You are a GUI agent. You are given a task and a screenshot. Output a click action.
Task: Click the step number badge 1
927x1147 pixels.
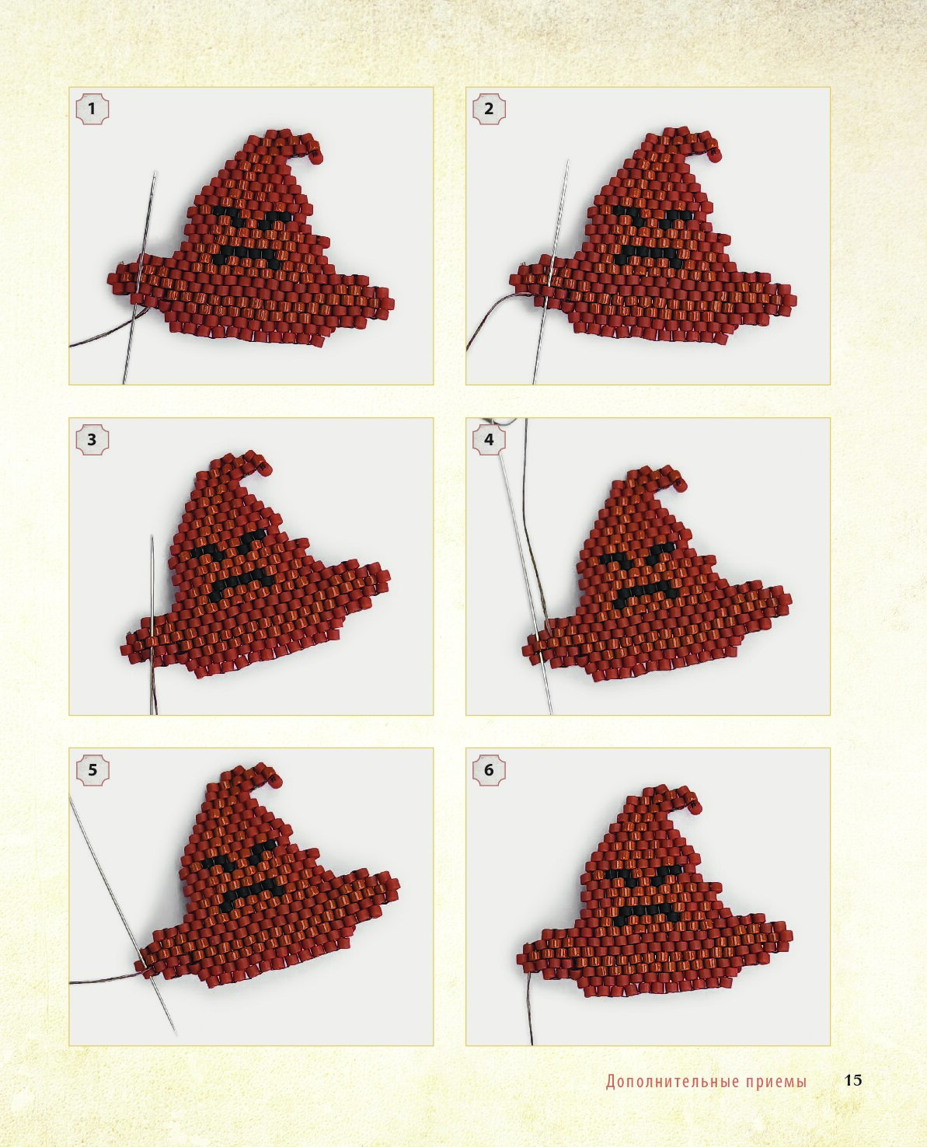point(92,109)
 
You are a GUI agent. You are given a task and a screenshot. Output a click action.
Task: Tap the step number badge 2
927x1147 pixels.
point(489,109)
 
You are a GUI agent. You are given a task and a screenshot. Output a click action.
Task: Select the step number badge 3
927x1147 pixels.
point(92,439)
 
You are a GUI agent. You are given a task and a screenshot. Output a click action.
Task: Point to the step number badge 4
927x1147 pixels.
point(489,439)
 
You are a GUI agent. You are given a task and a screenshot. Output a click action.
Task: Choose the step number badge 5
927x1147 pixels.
point(92,769)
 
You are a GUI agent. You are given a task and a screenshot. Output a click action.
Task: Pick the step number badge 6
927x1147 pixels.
point(489,769)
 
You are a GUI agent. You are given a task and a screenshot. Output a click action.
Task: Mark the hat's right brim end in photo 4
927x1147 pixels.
point(783,599)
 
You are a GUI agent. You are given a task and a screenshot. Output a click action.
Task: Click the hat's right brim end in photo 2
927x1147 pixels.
point(788,299)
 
